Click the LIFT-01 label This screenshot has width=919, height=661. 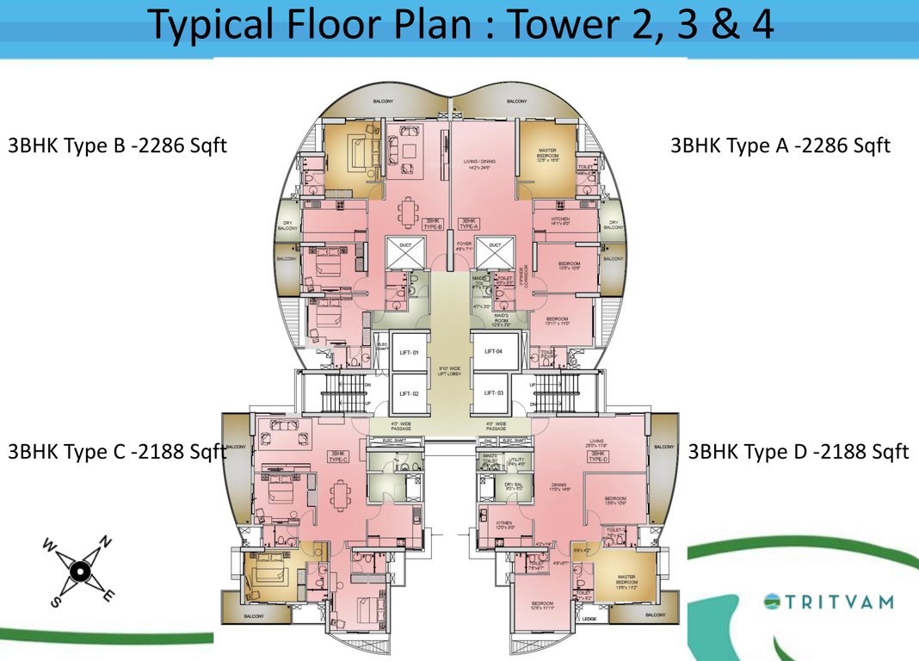(x=409, y=354)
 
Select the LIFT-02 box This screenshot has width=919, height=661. (x=409, y=393)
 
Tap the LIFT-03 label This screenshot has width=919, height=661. (x=493, y=392)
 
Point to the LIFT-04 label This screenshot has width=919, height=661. (x=493, y=351)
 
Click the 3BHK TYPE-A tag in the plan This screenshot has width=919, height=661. (x=469, y=223)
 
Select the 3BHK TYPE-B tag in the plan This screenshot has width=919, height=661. (x=434, y=223)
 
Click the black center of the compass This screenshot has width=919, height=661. (x=79, y=571)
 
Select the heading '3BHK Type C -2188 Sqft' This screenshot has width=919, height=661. (x=116, y=452)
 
